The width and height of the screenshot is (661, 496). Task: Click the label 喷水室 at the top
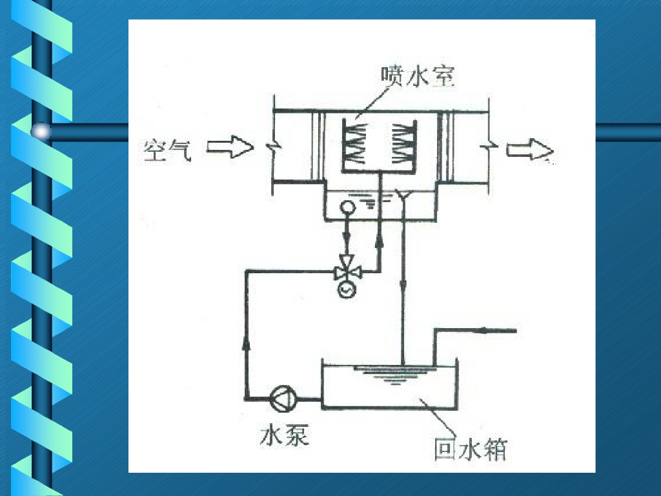tap(418, 76)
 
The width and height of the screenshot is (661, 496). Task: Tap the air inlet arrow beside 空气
tap(230, 148)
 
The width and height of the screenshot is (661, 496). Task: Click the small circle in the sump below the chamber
tap(347, 207)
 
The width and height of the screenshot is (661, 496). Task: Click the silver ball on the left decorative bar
tap(41, 131)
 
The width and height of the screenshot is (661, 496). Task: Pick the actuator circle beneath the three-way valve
tap(348, 290)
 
